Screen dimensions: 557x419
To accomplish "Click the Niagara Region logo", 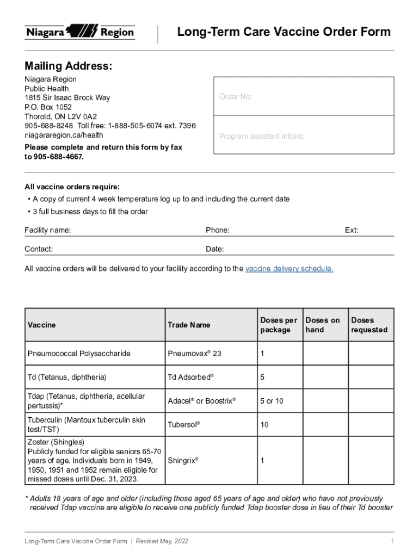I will (79, 32).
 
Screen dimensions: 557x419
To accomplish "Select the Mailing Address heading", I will (69, 66).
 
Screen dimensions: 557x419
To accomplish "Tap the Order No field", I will (303, 96).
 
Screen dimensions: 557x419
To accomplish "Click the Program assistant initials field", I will (303, 137).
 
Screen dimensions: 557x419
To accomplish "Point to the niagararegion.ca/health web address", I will (64, 135).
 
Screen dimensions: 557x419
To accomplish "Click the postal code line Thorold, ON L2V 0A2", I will (60, 116).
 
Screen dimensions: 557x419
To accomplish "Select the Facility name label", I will (47, 230).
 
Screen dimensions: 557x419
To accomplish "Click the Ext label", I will (352, 230).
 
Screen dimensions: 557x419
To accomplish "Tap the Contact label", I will (39, 249).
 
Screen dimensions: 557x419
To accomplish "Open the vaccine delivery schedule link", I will (289, 269).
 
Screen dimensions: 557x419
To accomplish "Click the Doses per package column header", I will (279, 325).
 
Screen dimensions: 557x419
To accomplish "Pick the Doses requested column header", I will (369, 325).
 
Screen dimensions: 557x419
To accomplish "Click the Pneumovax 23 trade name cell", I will (194, 354).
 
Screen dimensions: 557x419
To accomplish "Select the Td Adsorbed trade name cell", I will (190, 377).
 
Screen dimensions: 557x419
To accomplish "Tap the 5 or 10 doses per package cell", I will (272, 401).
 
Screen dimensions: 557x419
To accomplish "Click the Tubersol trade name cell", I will (184, 424).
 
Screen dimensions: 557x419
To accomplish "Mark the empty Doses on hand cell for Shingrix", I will (325, 460).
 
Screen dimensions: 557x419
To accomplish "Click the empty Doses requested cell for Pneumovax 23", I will (371, 354).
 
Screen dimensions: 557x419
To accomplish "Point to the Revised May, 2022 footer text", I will (162, 541).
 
